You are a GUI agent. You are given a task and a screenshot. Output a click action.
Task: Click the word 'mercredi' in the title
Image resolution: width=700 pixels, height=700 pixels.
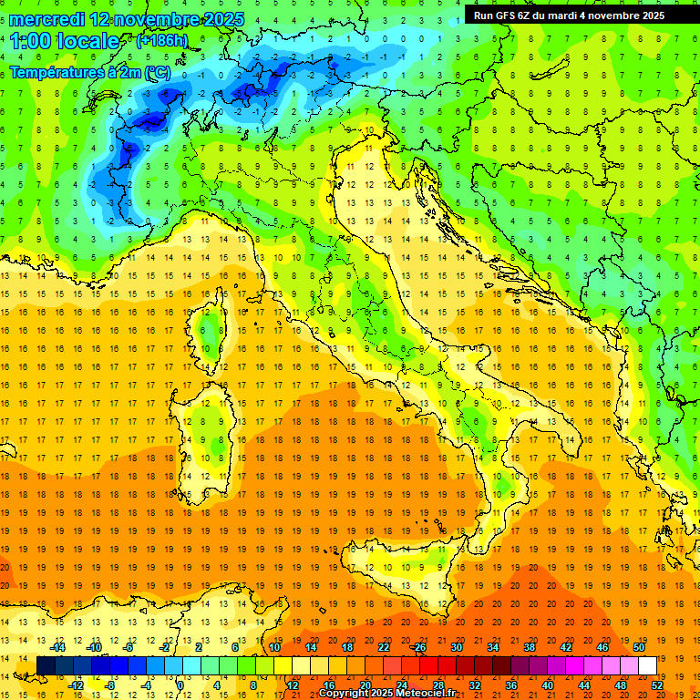(x=47, y=18)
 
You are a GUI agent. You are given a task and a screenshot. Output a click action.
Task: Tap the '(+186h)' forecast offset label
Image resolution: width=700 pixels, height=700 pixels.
(x=161, y=41)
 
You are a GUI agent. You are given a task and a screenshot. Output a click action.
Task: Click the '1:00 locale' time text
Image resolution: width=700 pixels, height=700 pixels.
(x=65, y=41)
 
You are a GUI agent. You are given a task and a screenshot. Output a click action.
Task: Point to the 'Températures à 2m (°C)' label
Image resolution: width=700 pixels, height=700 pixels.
(x=89, y=71)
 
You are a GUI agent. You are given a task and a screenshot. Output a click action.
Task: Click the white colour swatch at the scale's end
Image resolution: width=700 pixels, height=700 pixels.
(x=647, y=665)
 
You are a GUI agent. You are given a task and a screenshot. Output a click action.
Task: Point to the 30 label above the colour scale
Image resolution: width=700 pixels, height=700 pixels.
(x=456, y=647)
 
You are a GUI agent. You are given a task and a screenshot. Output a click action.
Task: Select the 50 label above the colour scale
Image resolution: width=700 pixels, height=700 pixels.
(x=638, y=647)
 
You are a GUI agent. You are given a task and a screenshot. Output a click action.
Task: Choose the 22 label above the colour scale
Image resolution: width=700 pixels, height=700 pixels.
(x=383, y=647)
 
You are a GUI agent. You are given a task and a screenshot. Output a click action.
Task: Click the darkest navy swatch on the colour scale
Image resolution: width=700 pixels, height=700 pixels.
(x=46, y=665)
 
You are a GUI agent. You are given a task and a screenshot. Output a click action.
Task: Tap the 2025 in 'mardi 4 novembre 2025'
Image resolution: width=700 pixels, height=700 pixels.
(x=649, y=15)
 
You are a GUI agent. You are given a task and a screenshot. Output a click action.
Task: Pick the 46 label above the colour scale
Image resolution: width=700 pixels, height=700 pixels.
(x=602, y=647)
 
